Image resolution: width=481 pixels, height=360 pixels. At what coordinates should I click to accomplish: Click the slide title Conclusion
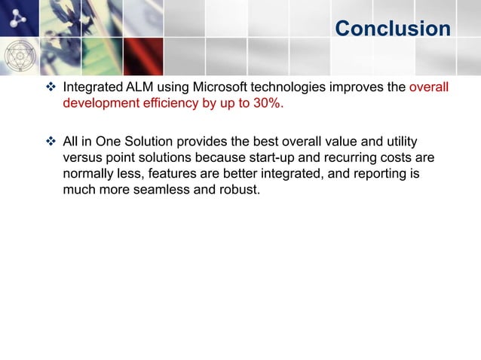click(x=392, y=29)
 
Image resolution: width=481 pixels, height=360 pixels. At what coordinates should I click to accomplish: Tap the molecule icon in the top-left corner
click(x=17, y=18)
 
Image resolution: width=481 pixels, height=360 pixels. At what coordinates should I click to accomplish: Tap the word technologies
click(x=290, y=87)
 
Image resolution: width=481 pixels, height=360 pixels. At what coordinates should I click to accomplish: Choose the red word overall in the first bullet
click(x=428, y=87)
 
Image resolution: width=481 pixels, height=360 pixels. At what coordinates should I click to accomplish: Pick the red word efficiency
click(x=162, y=103)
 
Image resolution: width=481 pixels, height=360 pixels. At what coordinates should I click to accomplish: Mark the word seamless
click(x=164, y=190)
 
